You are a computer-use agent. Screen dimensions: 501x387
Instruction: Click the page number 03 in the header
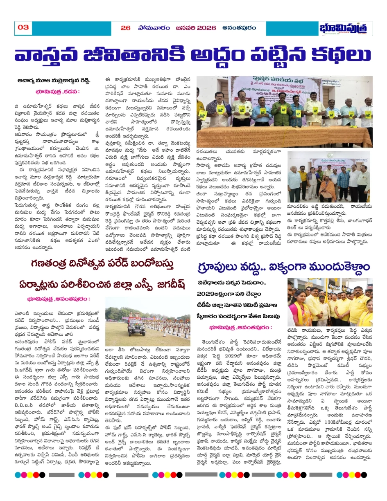coord(23,27)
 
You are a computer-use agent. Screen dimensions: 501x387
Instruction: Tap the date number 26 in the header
coord(125,28)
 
